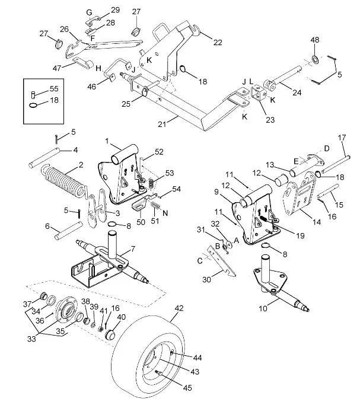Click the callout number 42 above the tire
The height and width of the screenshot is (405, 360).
click(179, 308)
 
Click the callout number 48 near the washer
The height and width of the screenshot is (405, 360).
click(315, 40)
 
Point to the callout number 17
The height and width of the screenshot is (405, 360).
click(342, 138)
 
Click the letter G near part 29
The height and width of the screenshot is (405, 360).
click(89, 12)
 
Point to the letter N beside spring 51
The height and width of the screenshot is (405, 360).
click(165, 212)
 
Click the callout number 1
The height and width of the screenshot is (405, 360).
click(107, 142)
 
